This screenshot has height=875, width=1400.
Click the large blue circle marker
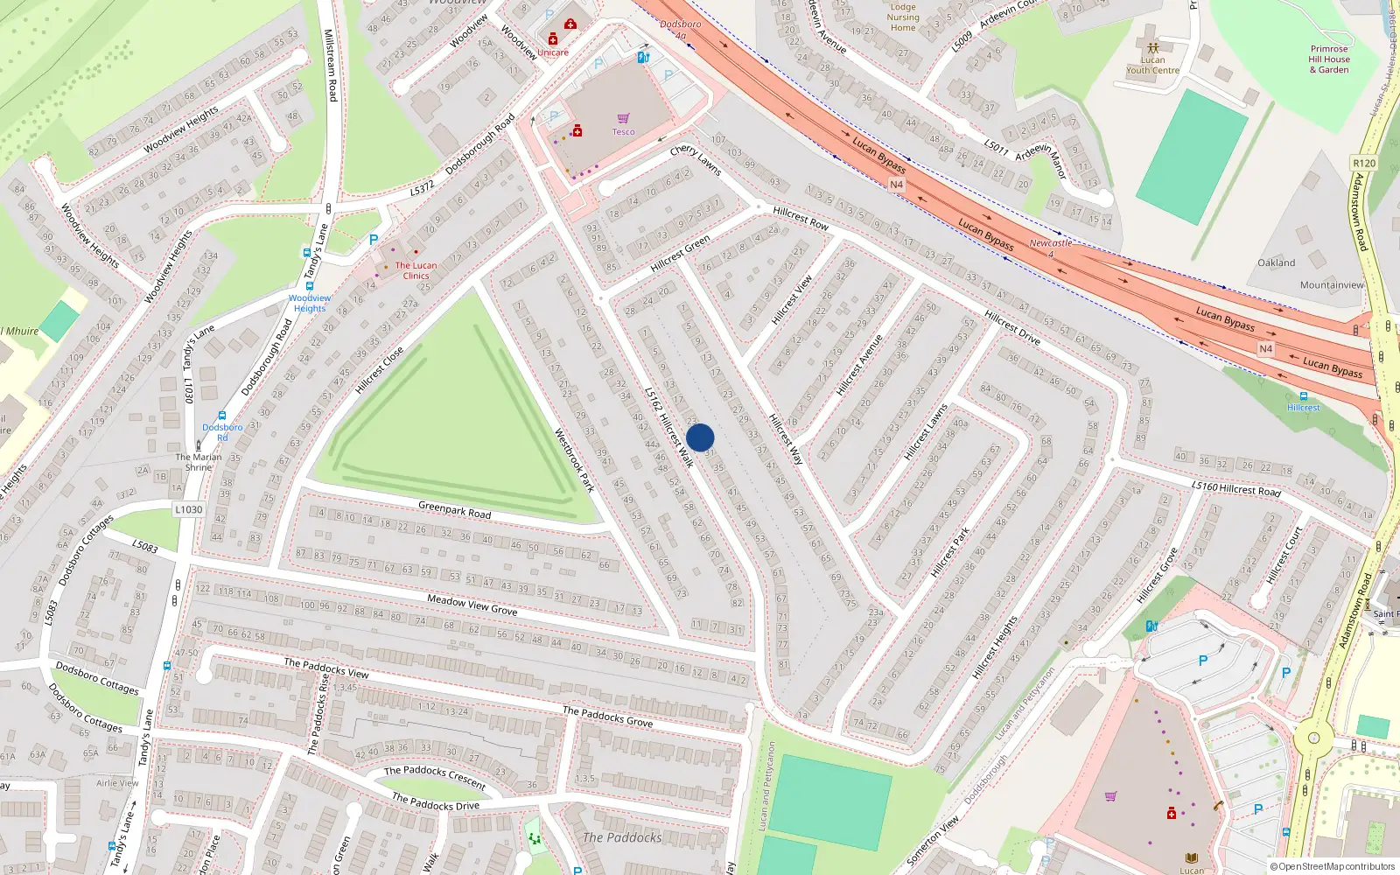pos(700,437)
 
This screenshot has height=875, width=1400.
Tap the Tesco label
pos(623,132)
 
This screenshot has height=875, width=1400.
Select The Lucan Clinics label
pos(416,270)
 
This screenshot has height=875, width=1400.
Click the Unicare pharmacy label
pos(553,52)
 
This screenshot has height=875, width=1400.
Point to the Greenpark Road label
pos(454,509)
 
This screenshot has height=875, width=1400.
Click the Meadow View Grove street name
pos(472,604)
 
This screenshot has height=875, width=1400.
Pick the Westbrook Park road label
pos(575,460)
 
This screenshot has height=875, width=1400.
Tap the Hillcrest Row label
pos(801,218)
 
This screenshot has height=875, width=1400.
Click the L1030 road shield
pos(188,509)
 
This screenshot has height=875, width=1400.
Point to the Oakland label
pos(1277,262)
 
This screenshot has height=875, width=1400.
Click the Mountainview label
pos(1332,284)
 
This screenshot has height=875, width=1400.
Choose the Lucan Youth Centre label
pos(1152,65)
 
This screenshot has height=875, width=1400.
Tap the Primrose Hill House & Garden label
pos(1329,59)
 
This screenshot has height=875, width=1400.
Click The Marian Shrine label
pos(199,462)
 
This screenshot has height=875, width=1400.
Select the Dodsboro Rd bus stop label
pos(222,432)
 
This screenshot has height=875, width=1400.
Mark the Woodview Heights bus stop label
pos(310,303)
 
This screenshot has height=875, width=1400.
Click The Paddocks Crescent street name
pos(435,776)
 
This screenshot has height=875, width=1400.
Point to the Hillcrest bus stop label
pos(1303,408)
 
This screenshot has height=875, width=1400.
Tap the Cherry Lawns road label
pos(696,160)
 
